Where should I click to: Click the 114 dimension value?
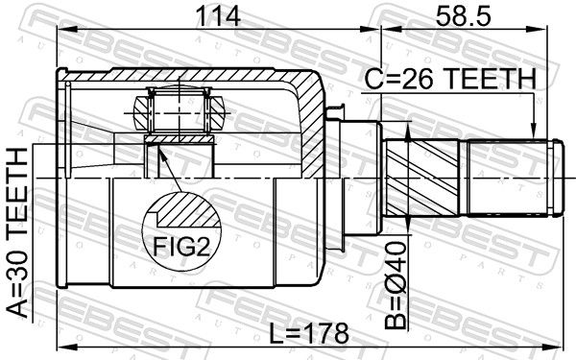(x=218, y=16)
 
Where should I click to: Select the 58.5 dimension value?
(x=463, y=16)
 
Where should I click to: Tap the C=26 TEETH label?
(x=450, y=79)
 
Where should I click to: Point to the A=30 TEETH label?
(x=17, y=232)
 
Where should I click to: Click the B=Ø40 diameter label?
(x=396, y=285)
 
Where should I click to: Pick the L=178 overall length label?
(x=308, y=333)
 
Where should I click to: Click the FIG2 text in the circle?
(x=181, y=247)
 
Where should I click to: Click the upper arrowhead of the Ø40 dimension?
(x=407, y=133)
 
